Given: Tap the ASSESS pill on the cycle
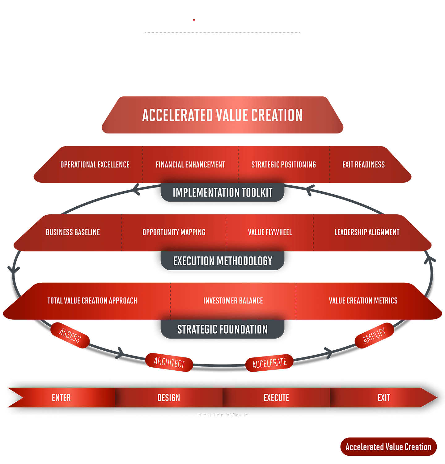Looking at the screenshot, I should click(x=70, y=335).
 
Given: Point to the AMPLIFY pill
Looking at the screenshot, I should click(x=374, y=335).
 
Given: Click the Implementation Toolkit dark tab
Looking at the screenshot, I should click(x=222, y=193).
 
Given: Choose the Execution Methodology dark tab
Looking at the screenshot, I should click(x=222, y=261).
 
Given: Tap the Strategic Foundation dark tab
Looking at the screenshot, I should click(x=222, y=329).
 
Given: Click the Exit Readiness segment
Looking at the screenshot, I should click(x=363, y=165).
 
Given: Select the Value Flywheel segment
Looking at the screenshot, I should click(x=270, y=232).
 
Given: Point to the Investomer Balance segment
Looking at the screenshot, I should click(x=233, y=301).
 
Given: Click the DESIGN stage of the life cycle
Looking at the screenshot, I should click(x=169, y=398).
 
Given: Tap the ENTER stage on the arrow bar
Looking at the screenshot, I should click(x=61, y=398).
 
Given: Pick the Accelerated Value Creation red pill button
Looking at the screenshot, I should click(x=388, y=447).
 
